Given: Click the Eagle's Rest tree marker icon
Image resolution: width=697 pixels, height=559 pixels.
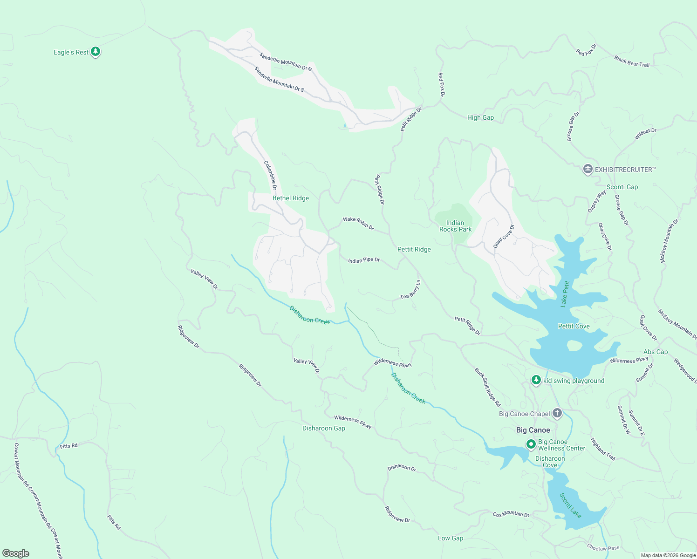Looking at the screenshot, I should click(x=96, y=51).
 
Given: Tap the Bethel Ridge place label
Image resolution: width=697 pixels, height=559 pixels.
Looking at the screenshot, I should click(x=291, y=198).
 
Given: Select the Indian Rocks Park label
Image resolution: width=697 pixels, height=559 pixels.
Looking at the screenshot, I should click(x=455, y=226).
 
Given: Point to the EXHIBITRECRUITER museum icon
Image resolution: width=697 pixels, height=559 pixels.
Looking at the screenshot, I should click(x=588, y=169).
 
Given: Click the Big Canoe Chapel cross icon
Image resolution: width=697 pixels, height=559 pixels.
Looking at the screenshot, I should click(x=557, y=413).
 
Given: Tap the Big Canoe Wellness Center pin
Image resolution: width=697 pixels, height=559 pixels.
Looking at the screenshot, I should click(x=531, y=444).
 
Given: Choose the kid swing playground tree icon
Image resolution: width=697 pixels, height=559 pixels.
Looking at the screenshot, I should click(x=536, y=380).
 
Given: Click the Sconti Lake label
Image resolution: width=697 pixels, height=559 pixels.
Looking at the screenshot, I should click(x=570, y=505).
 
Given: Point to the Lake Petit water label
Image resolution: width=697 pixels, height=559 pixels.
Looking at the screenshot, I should click(x=565, y=294).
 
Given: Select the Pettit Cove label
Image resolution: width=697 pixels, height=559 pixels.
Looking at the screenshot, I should click(x=574, y=326).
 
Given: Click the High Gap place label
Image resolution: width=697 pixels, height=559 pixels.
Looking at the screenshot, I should click(x=480, y=117).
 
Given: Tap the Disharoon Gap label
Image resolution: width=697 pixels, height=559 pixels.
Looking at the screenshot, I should click(x=324, y=428).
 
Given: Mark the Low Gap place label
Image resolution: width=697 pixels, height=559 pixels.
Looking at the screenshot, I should click(x=451, y=538).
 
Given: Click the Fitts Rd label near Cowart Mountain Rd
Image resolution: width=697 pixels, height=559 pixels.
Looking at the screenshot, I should click(x=68, y=446).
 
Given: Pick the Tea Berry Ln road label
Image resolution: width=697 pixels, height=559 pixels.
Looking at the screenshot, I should click(x=410, y=291).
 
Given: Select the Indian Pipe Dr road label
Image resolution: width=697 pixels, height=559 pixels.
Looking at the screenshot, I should click(x=364, y=260).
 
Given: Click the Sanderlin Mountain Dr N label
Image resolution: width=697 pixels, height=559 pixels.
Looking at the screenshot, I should click(x=285, y=62).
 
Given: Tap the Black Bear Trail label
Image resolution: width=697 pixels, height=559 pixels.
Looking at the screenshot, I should click(x=631, y=61).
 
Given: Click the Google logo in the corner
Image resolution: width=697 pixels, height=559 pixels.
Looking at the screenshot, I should click(x=16, y=553).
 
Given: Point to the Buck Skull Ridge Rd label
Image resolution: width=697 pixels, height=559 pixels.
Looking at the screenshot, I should click(x=487, y=387).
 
